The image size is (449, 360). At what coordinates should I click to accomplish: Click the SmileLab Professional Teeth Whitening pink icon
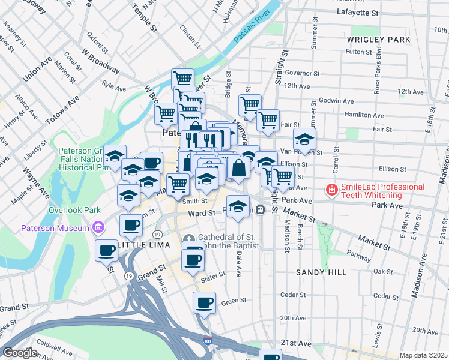(330, 190)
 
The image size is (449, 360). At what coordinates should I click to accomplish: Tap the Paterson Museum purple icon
(98, 227)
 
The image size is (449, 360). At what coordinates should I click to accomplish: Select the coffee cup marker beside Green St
(204, 302)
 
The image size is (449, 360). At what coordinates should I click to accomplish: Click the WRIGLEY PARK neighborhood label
(378, 40)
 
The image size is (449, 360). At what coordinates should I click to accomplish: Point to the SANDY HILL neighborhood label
(321, 272)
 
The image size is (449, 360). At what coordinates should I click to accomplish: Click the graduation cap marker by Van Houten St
(305, 140)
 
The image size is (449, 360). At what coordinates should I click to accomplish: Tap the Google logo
(19, 353)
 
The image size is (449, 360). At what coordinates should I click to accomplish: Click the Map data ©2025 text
(423, 355)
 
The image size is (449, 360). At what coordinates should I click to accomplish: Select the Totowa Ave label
(61, 109)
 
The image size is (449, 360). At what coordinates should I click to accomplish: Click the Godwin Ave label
(334, 100)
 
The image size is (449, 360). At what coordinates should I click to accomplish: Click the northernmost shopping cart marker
(182, 79)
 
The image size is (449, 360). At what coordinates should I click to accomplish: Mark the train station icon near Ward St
(260, 210)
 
